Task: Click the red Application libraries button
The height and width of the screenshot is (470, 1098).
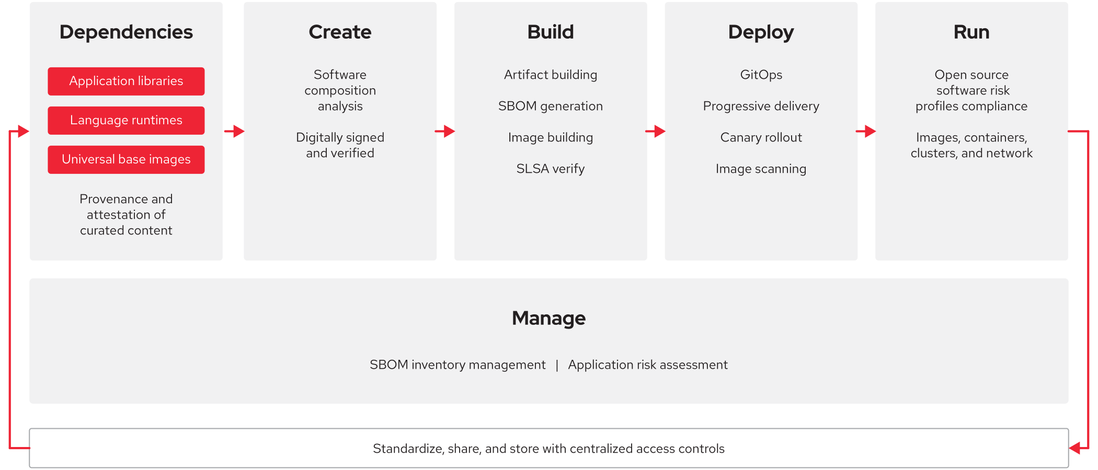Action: (x=126, y=81)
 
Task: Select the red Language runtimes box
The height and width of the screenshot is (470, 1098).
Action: (x=126, y=120)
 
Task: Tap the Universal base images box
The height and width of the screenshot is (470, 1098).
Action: (x=126, y=159)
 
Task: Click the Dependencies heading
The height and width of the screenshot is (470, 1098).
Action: (x=126, y=32)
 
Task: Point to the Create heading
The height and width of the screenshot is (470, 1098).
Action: (x=340, y=32)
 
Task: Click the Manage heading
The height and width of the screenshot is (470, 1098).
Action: (x=548, y=318)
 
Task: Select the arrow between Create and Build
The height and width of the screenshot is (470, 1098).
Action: (x=445, y=131)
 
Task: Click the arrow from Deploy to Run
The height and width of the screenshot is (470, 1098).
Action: (x=866, y=131)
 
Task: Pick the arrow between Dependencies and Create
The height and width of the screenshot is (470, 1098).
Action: (x=234, y=131)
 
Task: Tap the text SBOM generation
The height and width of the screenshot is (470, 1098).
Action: (x=550, y=106)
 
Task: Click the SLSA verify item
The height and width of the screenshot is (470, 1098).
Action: (x=550, y=169)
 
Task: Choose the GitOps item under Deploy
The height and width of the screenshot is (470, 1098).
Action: (x=761, y=75)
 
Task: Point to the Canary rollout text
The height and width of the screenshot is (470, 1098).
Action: (x=761, y=137)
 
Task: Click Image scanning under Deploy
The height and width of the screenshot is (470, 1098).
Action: (x=761, y=169)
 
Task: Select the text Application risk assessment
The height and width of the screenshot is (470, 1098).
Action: (x=647, y=365)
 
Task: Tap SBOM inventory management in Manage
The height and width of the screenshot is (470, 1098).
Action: (x=458, y=365)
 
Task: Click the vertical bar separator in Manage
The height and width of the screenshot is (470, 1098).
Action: (x=557, y=365)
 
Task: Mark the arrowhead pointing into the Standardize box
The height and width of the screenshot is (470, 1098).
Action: (x=1075, y=448)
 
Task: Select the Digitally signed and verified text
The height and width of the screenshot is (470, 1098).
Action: (x=340, y=145)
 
